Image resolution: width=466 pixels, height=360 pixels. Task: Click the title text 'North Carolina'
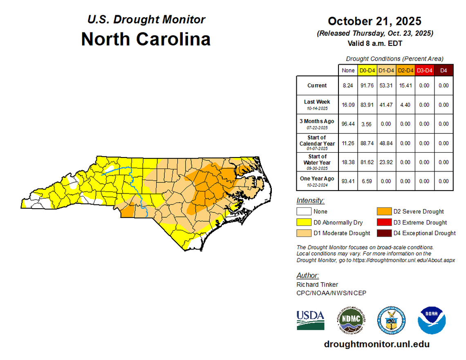click(x=146, y=39)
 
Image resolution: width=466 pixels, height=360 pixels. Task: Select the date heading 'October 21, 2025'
click(x=374, y=21)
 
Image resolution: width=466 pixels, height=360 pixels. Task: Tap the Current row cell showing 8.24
click(x=348, y=85)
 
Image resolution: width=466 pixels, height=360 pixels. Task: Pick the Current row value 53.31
click(x=386, y=85)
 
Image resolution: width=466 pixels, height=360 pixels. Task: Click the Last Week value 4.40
click(x=405, y=105)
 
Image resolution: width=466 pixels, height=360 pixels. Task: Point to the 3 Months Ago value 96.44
click(x=348, y=124)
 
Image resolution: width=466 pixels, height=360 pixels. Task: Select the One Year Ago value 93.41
click(x=348, y=181)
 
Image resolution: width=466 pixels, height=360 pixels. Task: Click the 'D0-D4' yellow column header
click(x=367, y=70)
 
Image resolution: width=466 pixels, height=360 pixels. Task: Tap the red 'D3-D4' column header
click(x=424, y=70)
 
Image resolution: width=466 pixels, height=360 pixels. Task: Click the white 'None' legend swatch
click(x=303, y=211)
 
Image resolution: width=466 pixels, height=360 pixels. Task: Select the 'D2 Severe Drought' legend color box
click(x=383, y=211)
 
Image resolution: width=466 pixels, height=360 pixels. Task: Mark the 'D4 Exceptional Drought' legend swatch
click(x=383, y=233)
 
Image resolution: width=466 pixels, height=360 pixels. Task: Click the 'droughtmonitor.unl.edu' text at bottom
click(x=376, y=344)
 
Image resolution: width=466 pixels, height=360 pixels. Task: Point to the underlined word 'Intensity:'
click(x=310, y=200)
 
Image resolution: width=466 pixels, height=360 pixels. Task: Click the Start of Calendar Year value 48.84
click(x=386, y=143)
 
